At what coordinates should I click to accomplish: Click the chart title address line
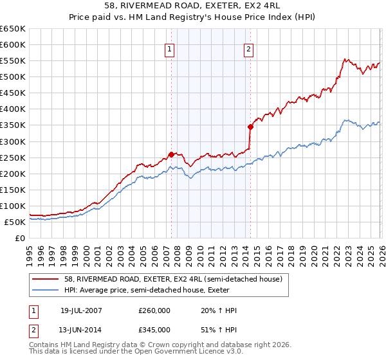point(192,6)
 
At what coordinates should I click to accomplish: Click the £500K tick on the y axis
point(13,77)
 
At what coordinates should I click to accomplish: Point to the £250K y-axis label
point(13,157)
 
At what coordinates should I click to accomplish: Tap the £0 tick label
point(20,238)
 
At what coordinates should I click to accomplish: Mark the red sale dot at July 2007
point(171,154)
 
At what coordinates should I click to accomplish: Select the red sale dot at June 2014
point(250,127)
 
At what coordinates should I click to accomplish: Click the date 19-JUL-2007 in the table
point(81,310)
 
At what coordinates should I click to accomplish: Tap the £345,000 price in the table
point(154,329)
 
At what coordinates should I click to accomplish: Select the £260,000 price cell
point(154,310)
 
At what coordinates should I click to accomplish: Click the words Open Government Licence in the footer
point(193,352)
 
